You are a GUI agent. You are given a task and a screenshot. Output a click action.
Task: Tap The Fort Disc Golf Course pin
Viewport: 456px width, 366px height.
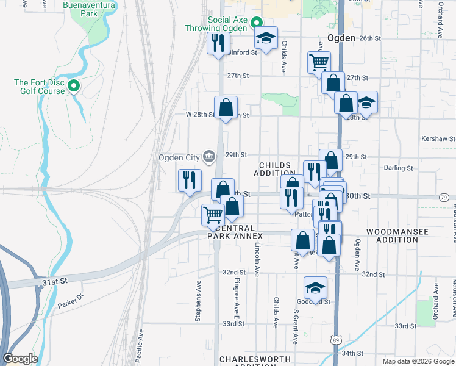[x=74, y=87]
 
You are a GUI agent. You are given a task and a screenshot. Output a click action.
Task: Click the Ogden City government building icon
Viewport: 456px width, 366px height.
[x=208, y=157]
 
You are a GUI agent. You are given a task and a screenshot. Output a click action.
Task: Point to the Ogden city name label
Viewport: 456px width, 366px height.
[x=341, y=38]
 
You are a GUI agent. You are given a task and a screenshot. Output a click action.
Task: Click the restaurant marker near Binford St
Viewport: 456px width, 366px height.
[x=216, y=43]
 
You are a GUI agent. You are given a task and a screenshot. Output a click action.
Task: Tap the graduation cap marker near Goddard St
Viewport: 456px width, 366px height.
[x=315, y=287]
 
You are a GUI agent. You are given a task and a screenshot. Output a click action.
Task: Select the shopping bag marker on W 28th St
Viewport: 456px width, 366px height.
[x=226, y=107]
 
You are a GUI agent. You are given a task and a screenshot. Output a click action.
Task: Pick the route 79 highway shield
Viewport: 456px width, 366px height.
[x=444, y=197]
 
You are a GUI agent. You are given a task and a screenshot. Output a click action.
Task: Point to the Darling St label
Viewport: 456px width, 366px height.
[x=399, y=168]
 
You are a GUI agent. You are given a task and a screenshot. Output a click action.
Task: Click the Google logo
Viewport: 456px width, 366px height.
[x=20, y=359]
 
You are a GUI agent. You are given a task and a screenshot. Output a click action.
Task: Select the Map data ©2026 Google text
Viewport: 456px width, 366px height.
[x=418, y=361]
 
